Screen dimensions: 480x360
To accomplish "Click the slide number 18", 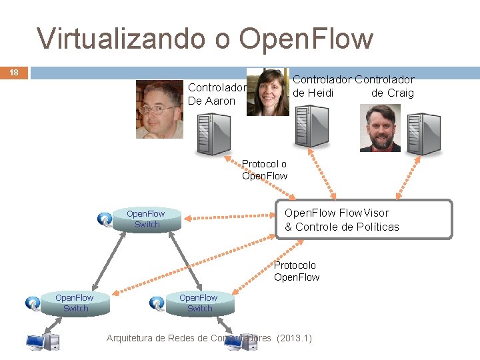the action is click(13, 72).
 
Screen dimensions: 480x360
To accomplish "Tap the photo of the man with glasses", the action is click(159, 109).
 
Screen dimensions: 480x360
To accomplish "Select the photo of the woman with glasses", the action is click(268, 92).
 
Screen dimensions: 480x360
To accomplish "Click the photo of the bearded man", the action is click(380, 128).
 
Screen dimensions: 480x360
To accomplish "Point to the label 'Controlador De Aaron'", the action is click(217, 94).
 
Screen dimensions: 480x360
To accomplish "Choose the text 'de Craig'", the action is click(392, 93).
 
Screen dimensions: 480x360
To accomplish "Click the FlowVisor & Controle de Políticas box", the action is click(364, 219).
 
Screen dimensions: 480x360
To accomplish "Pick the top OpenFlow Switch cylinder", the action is click(147, 219).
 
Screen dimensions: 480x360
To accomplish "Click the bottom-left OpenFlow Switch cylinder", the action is click(75, 303).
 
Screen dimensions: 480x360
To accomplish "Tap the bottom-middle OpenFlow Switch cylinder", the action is click(199, 303).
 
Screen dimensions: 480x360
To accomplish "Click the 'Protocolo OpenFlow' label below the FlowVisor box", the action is click(297, 271).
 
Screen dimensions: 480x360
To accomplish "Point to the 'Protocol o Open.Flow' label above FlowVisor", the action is click(265, 170).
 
